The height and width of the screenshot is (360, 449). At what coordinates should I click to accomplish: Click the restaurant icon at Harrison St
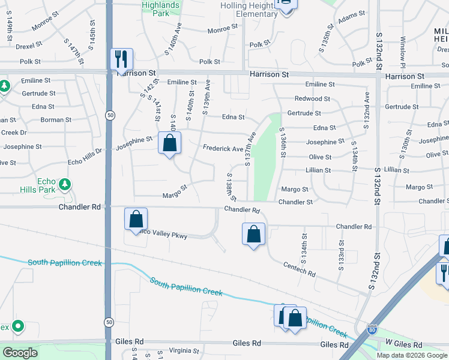click(x=122, y=59)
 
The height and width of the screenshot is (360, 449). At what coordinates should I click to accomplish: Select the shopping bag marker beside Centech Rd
click(x=254, y=233)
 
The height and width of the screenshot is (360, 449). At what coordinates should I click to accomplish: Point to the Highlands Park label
click(x=160, y=9)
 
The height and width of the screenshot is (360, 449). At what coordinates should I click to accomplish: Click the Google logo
click(x=20, y=353)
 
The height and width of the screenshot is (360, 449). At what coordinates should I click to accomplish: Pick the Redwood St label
click(x=312, y=98)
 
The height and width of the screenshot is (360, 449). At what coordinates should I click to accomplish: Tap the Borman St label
click(x=56, y=120)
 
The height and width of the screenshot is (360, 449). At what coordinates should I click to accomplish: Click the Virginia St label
click(x=184, y=351)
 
